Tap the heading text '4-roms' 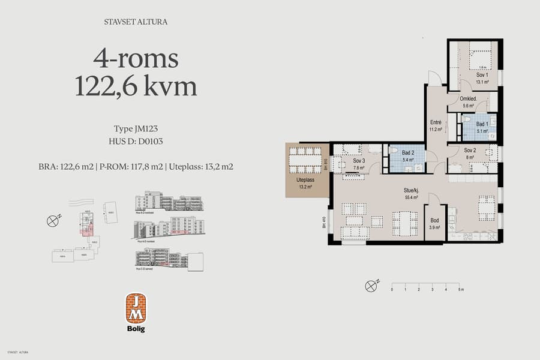pyautogui.click(x=136, y=59)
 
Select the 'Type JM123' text pyautogui.click(x=136, y=129)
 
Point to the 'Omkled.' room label pyautogui.click(x=468, y=99)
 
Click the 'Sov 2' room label pyautogui.click(x=470, y=150)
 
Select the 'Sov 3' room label pyautogui.click(x=359, y=161)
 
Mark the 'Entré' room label pyautogui.click(x=436, y=122)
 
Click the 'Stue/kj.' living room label pyautogui.click(x=412, y=191)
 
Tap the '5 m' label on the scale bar pyautogui.click(x=460, y=289)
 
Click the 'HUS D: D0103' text pyautogui.click(x=136, y=141)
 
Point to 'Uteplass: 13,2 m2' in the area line pyautogui.click(x=200, y=166)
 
